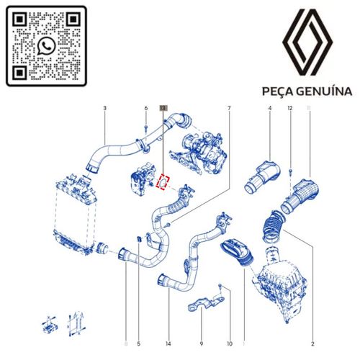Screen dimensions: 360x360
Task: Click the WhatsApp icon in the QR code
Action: [x=46, y=46]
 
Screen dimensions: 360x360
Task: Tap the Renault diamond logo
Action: [x=307, y=42]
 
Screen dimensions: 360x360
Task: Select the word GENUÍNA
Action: [x=324, y=91]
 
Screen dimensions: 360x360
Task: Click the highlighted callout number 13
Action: [x=163, y=108]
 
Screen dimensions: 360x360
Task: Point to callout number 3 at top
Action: [x=104, y=108]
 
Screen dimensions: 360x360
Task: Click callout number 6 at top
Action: [x=146, y=108]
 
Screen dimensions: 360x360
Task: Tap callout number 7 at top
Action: [x=229, y=108]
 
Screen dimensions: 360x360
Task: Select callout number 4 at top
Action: [x=270, y=108]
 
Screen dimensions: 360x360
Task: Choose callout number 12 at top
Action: [x=290, y=108]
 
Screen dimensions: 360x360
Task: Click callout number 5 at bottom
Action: [x=138, y=343]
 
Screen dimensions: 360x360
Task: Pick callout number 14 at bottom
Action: [x=168, y=343]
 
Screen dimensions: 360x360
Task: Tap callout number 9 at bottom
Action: [x=201, y=343]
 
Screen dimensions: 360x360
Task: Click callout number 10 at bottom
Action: [x=230, y=343]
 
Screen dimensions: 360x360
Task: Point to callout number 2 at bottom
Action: [x=312, y=343]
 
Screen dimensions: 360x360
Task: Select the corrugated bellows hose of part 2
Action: [x=273, y=226]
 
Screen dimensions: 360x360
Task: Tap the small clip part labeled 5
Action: [x=138, y=239]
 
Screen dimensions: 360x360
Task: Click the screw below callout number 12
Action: [x=290, y=171]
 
